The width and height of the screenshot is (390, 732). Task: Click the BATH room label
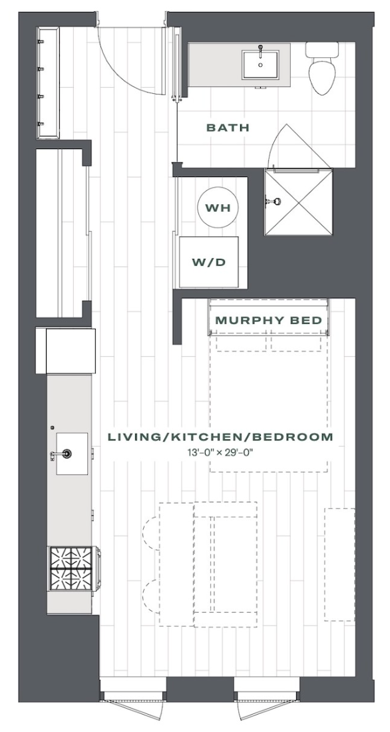tap(228, 128)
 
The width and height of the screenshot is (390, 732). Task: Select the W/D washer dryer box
tap(209, 262)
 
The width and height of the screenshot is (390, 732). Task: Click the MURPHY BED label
tap(269, 320)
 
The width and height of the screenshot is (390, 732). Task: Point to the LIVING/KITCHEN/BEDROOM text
tap(220, 437)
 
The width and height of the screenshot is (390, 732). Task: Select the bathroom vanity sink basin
tap(260, 65)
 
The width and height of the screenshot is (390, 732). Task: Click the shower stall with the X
tap(298, 202)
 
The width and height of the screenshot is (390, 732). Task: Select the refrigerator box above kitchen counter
tap(65, 351)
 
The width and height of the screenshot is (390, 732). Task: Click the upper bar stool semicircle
tap(150, 533)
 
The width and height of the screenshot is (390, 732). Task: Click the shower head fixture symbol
tap(274, 202)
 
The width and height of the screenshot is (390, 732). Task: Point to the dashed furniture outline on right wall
tap(339, 564)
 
